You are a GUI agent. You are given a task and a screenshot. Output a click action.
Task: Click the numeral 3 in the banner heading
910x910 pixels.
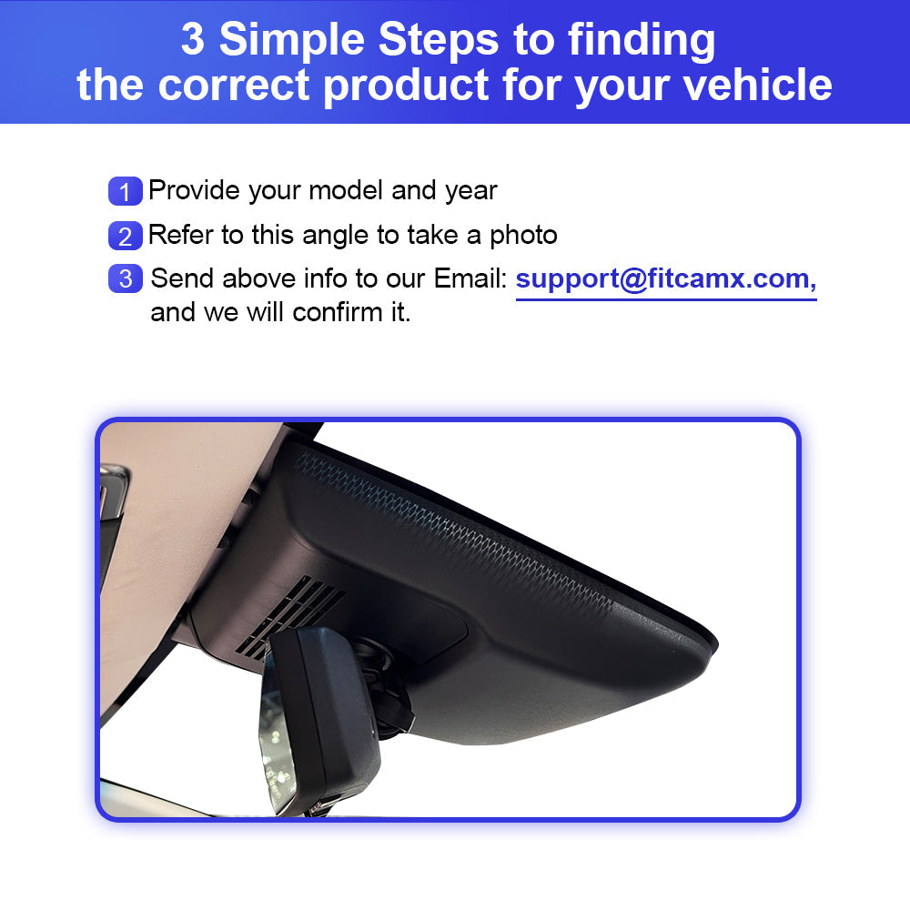193,39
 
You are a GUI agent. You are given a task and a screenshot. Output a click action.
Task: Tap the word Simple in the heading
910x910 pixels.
292,42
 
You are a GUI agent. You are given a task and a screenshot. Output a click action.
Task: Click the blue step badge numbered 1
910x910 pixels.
125,191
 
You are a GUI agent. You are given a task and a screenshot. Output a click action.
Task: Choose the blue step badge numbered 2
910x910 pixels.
125,236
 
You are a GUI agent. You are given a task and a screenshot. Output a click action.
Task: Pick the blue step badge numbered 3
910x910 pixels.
125,278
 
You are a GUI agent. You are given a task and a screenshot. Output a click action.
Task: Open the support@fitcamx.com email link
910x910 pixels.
666,279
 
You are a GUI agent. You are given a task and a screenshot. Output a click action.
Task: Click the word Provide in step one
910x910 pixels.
194,190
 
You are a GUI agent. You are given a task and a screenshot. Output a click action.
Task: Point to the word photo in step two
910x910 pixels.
523,237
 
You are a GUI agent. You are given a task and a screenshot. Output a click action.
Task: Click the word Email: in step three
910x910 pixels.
470,278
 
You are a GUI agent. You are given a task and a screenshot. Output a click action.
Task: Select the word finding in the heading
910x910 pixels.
642,42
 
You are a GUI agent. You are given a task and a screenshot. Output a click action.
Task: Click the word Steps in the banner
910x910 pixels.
439,42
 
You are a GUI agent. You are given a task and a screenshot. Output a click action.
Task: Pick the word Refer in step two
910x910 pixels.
181,236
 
